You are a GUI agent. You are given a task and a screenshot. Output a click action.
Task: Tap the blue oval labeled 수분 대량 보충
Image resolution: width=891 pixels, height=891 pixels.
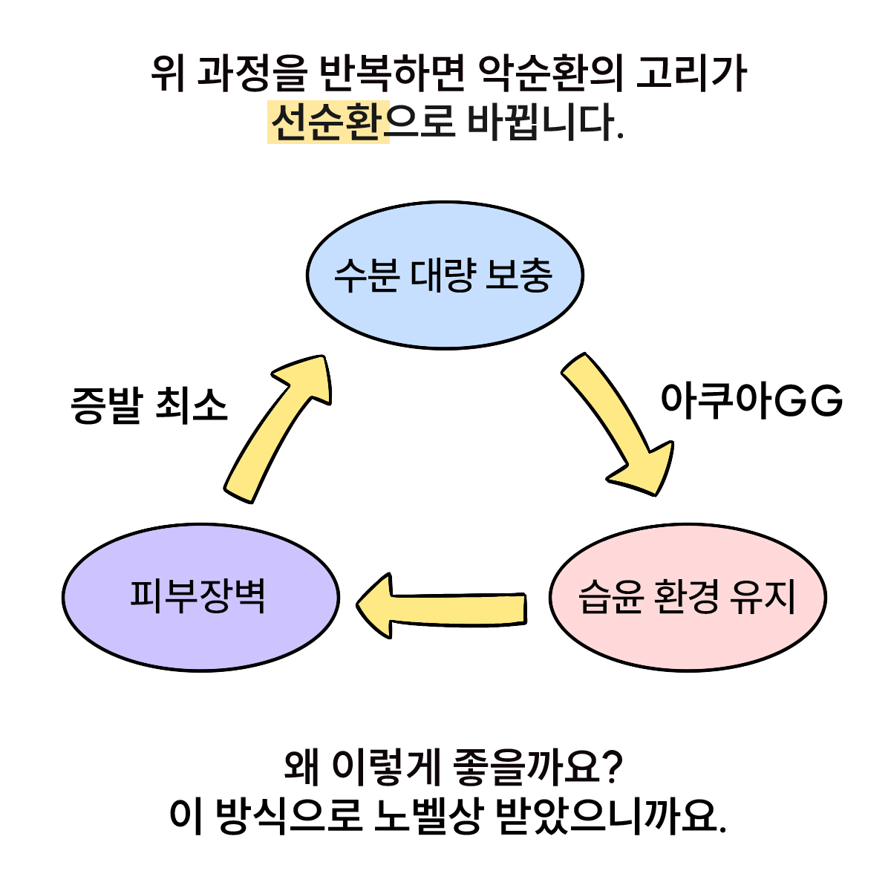pos(445,275)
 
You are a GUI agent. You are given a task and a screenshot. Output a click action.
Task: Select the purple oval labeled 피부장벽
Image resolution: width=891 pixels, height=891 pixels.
pos(200,597)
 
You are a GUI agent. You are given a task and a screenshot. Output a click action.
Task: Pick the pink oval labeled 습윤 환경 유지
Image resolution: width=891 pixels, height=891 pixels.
pos(687,597)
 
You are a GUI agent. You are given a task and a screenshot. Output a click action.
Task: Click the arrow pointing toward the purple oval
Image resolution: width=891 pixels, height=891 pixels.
pos(441,605)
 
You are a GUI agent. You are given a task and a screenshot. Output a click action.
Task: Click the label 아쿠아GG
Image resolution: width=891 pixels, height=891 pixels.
pos(751,402)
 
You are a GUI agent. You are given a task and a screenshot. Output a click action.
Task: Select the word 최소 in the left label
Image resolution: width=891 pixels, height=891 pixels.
pos(191,406)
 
